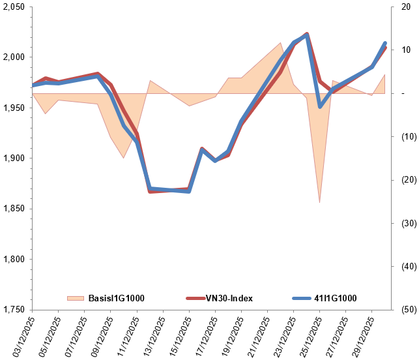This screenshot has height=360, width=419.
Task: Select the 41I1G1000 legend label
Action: (333, 298)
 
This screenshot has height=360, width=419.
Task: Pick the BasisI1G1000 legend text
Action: (115, 298)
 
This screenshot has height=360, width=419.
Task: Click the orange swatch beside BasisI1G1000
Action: (76, 298)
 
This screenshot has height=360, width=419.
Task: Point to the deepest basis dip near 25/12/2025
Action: (319, 202)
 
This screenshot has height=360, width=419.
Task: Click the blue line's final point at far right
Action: (385, 43)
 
